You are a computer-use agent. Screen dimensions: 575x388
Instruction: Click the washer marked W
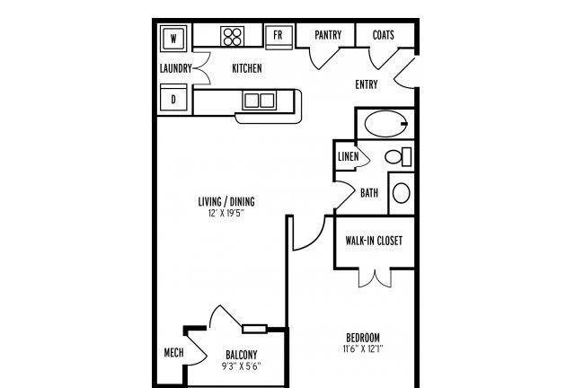[173, 38]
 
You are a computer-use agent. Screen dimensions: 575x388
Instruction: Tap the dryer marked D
[173, 99]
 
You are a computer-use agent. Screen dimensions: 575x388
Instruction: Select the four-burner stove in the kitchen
[233, 36]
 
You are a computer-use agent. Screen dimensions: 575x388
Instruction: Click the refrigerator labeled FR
[279, 37]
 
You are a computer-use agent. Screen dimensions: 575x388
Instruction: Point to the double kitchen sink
[260, 100]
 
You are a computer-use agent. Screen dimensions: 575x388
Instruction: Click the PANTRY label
[328, 35]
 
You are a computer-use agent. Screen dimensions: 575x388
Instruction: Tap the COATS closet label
[384, 35]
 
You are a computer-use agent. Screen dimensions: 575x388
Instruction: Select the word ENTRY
[367, 84]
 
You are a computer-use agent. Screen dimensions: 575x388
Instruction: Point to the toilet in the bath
[398, 156]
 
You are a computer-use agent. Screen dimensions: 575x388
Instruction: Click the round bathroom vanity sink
[402, 193]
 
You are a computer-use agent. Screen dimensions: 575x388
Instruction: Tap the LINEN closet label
[348, 156]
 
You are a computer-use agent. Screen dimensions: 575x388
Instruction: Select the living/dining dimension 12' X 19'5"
[226, 214]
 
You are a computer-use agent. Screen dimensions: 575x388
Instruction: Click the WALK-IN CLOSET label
[374, 241]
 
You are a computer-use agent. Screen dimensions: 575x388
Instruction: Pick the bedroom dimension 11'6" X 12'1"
[363, 348]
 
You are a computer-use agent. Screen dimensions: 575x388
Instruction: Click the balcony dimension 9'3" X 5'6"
[242, 366]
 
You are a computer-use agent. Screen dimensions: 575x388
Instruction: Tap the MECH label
[173, 353]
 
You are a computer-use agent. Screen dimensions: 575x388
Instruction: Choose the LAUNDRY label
[176, 68]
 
